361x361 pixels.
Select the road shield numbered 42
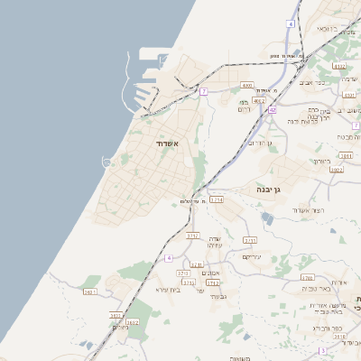click(x=272, y=109)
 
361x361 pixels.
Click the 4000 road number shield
click(x=247, y=86)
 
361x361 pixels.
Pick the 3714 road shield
click(x=217, y=199)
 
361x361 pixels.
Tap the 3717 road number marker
click(x=192, y=236)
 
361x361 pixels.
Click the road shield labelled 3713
click(x=197, y=264)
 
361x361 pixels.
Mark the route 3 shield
click(x=322, y=350)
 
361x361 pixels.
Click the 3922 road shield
click(x=337, y=169)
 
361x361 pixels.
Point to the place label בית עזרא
click(x=169, y=290)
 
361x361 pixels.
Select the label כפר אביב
click(x=325, y=82)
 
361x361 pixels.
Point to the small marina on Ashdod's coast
click(x=109, y=162)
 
